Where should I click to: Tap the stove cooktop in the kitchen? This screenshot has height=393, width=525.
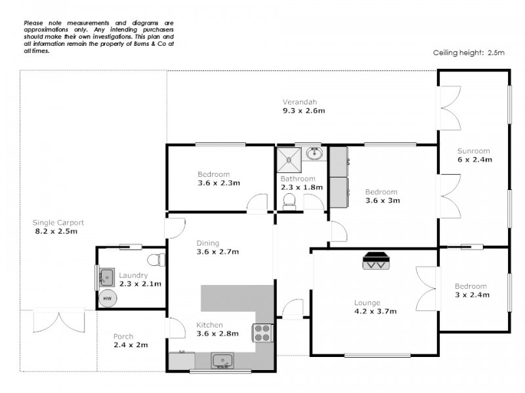click(x=262, y=333)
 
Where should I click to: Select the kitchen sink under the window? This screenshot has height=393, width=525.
click(x=222, y=361)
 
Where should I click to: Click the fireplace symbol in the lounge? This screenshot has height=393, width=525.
click(x=377, y=261)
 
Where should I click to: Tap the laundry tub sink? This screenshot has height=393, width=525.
click(x=106, y=278)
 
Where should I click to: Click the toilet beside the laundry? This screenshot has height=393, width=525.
click(x=154, y=258)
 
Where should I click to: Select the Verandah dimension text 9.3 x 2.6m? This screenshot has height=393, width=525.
click(x=300, y=111)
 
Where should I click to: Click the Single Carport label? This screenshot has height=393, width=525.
click(x=59, y=223)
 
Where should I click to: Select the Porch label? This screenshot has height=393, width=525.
click(x=123, y=337)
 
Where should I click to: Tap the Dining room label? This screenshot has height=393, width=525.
click(x=209, y=243)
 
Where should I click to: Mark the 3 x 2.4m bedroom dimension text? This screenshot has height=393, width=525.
click(x=471, y=295)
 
